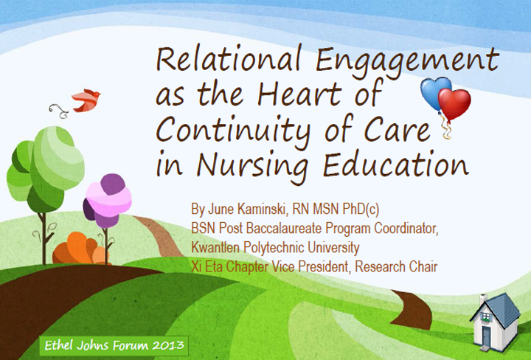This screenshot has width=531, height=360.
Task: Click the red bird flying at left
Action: coord(86,100)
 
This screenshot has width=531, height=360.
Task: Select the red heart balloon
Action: coord(454,103)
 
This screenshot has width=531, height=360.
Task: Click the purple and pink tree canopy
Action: coord(108,201)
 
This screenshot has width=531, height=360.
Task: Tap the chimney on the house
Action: coord(483,299)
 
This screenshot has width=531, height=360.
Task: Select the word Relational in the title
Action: coord(229,59)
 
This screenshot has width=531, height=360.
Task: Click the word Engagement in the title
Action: coord(407,62)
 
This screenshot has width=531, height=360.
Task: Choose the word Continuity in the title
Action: coord(233,131)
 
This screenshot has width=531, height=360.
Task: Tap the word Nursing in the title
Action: coord(252,165)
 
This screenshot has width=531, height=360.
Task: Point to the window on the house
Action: coord(485,317)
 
